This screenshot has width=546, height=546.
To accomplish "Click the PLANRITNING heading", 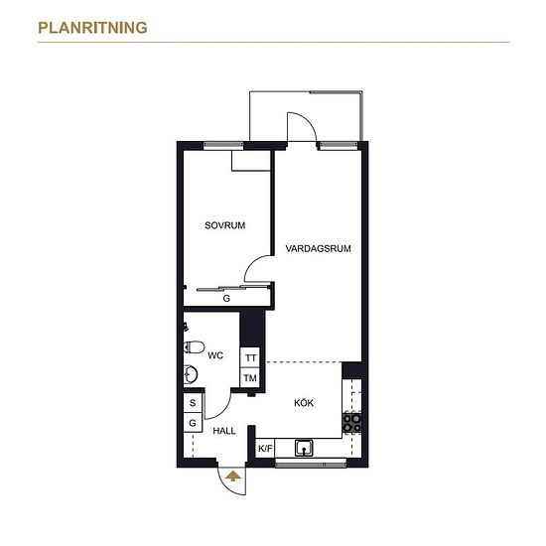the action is (92, 28).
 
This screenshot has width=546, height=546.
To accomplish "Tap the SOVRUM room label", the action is (225, 225).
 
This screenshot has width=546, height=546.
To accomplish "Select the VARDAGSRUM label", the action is (319, 248).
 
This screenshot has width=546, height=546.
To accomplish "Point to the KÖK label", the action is (304, 403).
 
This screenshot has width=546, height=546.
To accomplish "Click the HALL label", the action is (224, 431).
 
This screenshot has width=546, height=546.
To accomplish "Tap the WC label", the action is (215, 355).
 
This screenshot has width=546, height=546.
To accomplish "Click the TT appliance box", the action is (250, 357).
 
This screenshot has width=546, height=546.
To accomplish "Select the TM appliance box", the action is (250, 377).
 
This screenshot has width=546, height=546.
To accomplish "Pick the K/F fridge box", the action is (265, 449).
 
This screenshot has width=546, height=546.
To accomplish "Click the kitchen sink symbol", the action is (304, 448).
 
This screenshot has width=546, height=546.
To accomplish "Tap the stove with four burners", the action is (352, 422).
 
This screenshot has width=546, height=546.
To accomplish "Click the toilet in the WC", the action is (194, 347).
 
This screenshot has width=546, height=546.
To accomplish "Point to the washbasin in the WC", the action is (191, 374).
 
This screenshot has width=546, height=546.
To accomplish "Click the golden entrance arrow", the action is (233, 476).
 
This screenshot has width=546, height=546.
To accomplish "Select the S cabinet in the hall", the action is (193, 403).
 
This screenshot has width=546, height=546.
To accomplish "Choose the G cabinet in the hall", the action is (193, 423).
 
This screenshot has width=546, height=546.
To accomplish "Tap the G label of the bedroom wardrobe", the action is (226, 299).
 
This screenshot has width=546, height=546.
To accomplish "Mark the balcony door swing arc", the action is (308, 120).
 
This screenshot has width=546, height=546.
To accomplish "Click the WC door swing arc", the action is (223, 411).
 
